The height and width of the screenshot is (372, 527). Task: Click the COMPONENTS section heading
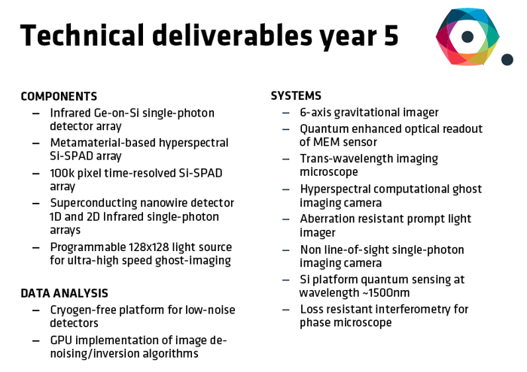(x=59, y=97)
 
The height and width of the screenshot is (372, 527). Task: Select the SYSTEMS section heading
(x=296, y=96)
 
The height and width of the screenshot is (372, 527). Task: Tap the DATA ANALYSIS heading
(x=64, y=293)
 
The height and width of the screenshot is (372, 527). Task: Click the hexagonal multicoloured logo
(x=468, y=36)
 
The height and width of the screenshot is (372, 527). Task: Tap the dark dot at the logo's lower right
(x=507, y=59)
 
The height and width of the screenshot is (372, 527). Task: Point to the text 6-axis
(x=318, y=113)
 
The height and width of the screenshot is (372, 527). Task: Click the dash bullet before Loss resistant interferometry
(x=286, y=310)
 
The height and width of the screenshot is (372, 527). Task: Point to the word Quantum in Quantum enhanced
(x=323, y=129)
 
